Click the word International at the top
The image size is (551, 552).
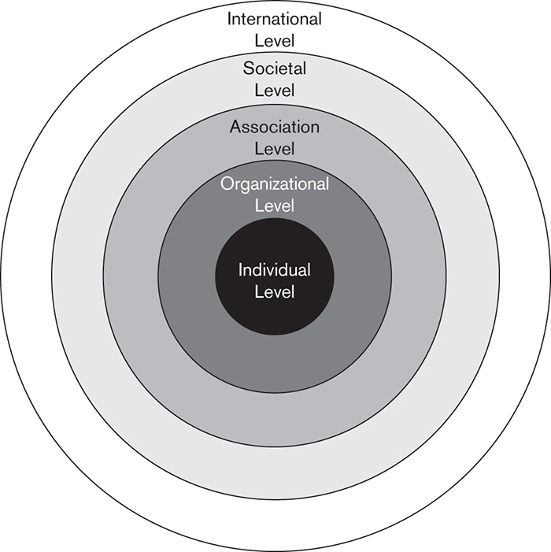275,18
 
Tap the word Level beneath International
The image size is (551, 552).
275,39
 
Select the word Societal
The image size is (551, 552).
275,69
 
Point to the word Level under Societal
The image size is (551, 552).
275,90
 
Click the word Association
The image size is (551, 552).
275,126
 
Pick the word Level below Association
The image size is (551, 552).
275,147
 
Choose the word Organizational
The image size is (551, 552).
275,185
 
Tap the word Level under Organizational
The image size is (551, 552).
275,206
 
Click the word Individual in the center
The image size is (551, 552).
275,270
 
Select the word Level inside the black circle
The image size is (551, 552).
275,291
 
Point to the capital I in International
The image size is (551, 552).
231,18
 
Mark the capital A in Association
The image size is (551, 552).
235,126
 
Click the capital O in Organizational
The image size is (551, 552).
227,185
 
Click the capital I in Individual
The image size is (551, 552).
241,270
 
